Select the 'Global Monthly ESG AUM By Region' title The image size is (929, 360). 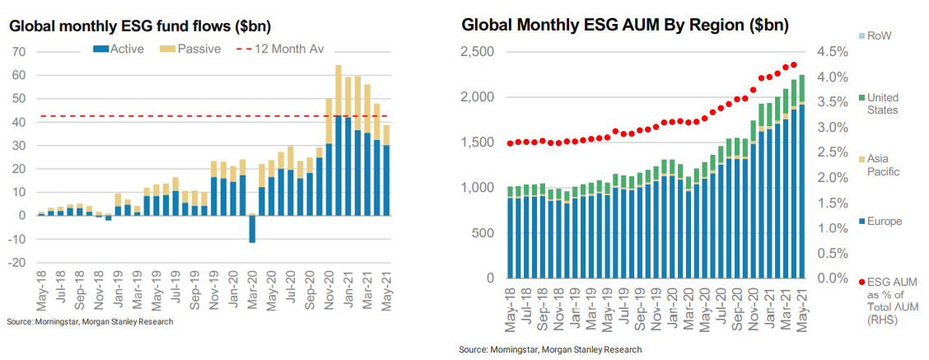coord(625,25)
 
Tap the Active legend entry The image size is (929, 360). coord(119,49)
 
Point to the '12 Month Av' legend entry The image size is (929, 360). coord(279,49)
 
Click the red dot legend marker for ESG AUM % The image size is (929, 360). coord(861,282)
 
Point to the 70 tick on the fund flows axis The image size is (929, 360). coord(20,52)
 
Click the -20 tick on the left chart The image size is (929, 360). coord(17,263)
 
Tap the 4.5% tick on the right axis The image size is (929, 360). coord(832,52)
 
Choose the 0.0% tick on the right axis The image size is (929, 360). coord(832,278)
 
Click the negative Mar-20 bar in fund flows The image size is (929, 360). coord(252,229)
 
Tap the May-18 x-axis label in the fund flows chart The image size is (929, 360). coord(41,288)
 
